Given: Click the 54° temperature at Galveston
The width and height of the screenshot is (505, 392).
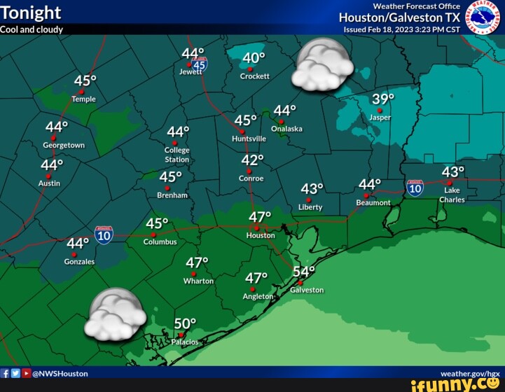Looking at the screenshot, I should point(304,272).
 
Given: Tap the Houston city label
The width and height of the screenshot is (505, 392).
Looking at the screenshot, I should point(261,236).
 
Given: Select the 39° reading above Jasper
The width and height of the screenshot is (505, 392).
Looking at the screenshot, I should point(383,99).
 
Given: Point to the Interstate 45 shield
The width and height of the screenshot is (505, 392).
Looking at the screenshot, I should point(200,65).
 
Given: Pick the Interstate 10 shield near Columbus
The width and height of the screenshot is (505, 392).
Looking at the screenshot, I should point(104,234).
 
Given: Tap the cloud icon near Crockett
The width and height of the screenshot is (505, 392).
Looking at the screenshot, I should point(322,65).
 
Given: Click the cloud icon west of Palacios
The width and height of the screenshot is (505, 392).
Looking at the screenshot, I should point(115,314).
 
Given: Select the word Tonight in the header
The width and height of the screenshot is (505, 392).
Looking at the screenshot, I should point(31,13).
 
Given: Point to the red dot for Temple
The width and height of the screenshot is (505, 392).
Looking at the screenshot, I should point(81,92).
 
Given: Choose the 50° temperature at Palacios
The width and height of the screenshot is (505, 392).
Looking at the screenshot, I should point(185,323).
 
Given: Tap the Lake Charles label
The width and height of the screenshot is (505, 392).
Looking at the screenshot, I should point(452,195).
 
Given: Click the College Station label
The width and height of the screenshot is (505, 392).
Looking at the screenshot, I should point(177,155).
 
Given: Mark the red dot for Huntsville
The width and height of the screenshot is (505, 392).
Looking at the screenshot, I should point(242,132).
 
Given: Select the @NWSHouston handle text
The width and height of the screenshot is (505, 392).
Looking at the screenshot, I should point(60,374).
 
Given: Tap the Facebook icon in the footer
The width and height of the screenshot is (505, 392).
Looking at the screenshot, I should point(5,374).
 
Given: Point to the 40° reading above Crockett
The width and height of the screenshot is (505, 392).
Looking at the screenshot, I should point(254,58).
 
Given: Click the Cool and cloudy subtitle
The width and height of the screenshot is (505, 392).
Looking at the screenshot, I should point(32,29).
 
